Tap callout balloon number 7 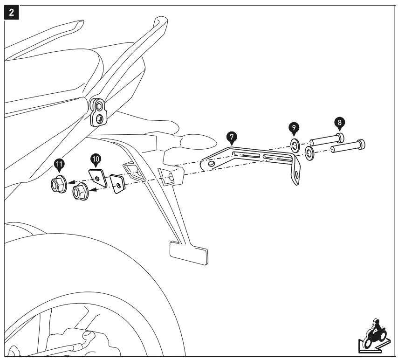pyautogui.click(x=232, y=137)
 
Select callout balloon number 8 pyautogui.click(x=339, y=123)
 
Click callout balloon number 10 pyautogui.click(x=96, y=159)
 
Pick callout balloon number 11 pyautogui.click(x=60, y=164)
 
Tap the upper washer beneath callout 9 pyautogui.click(x=295, y=145)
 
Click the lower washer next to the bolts pyautogui.click(x=309, y=153)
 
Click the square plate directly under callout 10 pyautogui.click(x=98, y=178)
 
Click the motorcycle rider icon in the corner pyautogui.click(x=373, y=333)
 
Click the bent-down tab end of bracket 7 pyautogui.click(x=295, y=175)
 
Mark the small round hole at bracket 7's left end pyautogui.click(x=212, y=164)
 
